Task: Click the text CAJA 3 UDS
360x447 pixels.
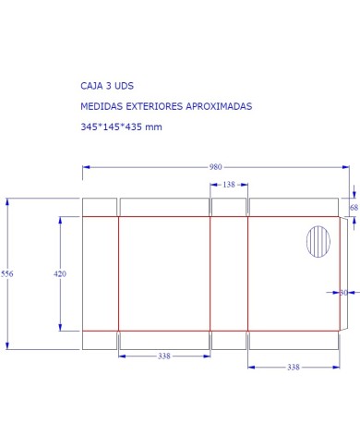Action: pyautogui.click(x=107, y=85)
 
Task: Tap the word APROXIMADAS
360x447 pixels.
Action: pyautogui.click(x=217, y=106)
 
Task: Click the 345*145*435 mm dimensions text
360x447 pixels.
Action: pyautogui.click(x=121, y=127)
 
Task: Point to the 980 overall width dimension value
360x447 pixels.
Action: pyautogui.click(x=215, y=167)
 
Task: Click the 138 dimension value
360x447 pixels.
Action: pyautogui.click(x=229, y=185)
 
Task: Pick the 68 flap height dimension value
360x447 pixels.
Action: pyautogui.click(x=354, y=208)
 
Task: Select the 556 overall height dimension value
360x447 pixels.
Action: pyautogui.click(x=7, y=274)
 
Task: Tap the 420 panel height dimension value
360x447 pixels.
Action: pyautogui.click(x=60, y=274)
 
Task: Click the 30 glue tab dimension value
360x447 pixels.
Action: pyautogui.click(x=343, y=293)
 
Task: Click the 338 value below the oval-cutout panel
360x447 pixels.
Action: pyautogui.click(x=293, y=367)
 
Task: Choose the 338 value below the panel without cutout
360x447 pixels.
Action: pyautogui.click(x=163, y=356)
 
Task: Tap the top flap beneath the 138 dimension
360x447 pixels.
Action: pyautogui.click(x=229, y=207)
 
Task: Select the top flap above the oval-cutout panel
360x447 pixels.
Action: pyautogui.click(x=293, y=207)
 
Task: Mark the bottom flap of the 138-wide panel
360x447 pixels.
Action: pyautogui.click(x=229, y=340)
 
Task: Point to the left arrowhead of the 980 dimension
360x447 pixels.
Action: pyautogui.click(x=86, y=167)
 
